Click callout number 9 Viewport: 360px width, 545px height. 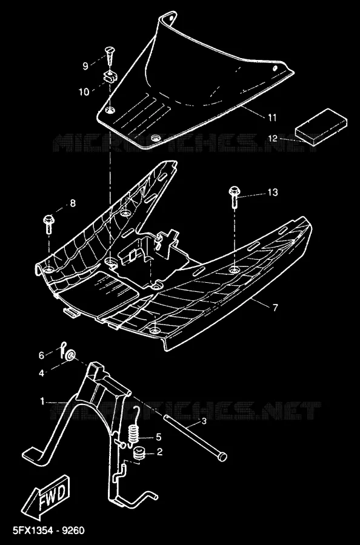pos(85,65)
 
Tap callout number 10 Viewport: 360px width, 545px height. pos(84,92)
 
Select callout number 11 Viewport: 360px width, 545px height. pos(272,117)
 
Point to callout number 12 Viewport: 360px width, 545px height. pos(273,138)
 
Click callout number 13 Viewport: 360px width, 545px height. pos(273,192)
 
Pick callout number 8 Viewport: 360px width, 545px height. pos(73,203)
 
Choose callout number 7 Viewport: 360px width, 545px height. pos(275,308)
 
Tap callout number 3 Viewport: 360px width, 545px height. pos(204,421)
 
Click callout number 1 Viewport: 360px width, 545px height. pos(42,402)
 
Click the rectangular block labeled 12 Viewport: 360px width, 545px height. pos(321,127)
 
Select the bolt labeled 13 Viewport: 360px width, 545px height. pos(234,197)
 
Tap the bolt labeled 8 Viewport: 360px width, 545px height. pos(48,225)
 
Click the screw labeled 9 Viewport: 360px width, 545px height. pos(110,56)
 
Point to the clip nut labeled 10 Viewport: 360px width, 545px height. pos(110,77)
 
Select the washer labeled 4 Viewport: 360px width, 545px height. pos(70,355)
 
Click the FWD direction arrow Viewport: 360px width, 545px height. pos(46,497)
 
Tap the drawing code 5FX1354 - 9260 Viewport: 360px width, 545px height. pos(48,530)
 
